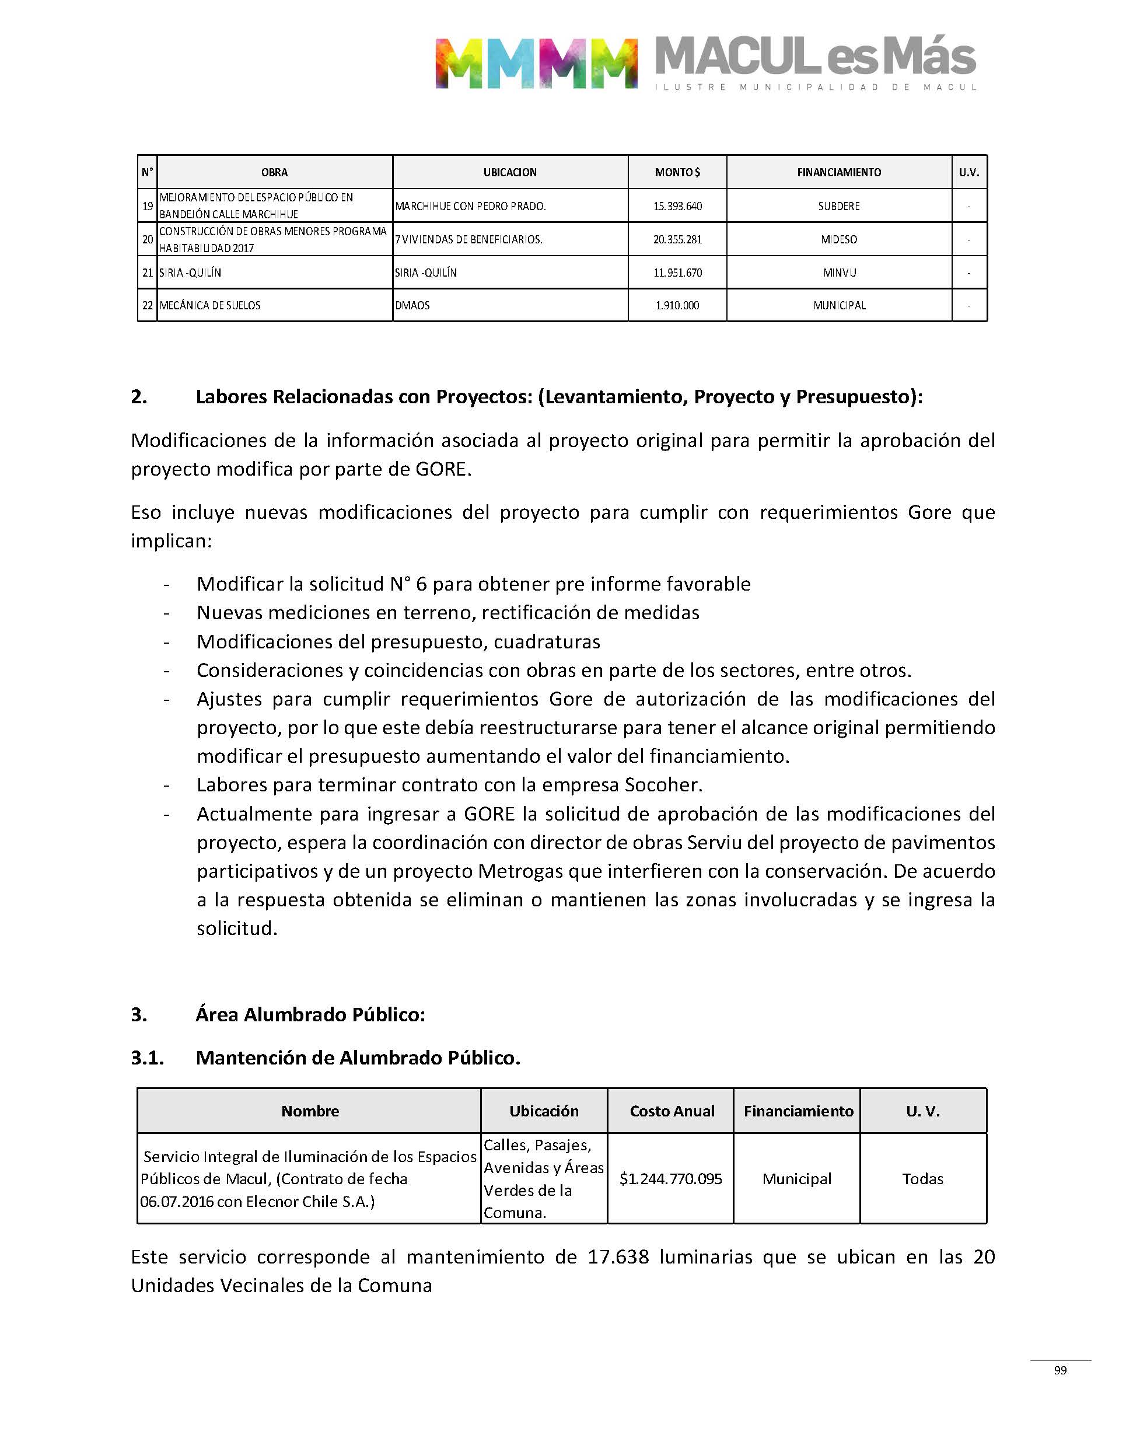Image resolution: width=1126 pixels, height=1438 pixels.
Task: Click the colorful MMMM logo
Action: click(x=536, y=63)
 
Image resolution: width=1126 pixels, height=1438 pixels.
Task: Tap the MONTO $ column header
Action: click(x=677, y=173)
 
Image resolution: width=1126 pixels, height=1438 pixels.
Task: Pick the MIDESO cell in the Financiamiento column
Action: click(x=838, y=239)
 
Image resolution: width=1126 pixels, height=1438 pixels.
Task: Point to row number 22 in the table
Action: click(x=148, y=305)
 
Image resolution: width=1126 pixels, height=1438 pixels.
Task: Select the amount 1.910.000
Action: click(x=677, y=305)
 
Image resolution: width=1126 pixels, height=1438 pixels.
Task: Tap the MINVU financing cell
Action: click(x=839, y=273)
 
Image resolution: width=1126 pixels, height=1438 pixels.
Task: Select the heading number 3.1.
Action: click(x=147, y=1057)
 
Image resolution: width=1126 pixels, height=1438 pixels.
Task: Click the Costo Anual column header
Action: click(x=672, y=1111)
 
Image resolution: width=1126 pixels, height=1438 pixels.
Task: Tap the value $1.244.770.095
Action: click(x=670, y=1178)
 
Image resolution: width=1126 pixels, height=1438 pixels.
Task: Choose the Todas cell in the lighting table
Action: click(x=922, y=1178)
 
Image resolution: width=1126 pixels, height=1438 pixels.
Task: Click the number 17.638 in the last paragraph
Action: click(x=618, y=1256)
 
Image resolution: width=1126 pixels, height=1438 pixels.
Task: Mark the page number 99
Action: click(x=1060, y=1370)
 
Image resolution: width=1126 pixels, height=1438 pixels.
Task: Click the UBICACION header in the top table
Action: click(x=509, y=173)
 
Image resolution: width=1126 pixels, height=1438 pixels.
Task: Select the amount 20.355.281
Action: click(x=677, y=239)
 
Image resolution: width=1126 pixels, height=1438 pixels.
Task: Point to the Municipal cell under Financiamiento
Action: click(x=796, y=1178)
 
